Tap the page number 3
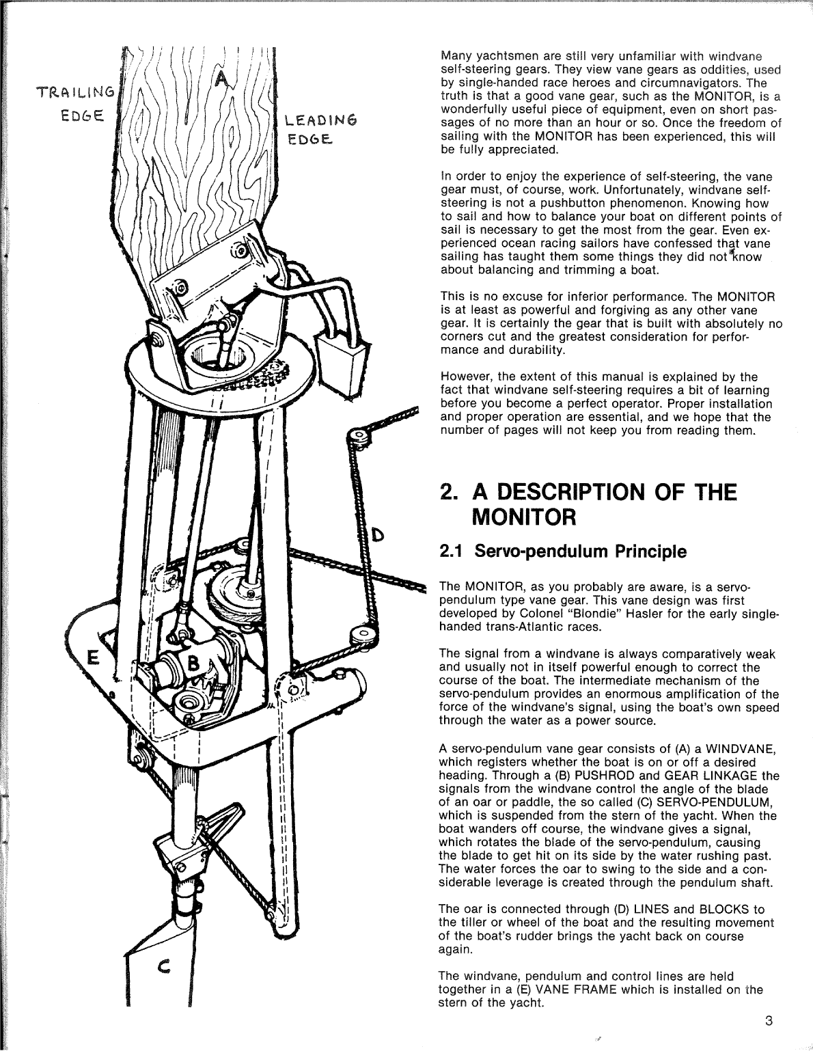click(769, 1022)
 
